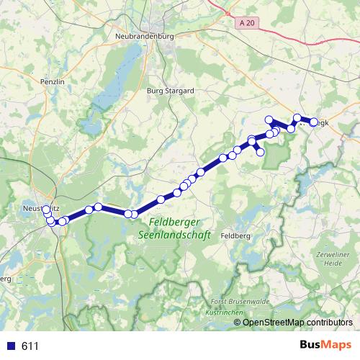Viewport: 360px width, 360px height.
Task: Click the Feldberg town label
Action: point(236,235)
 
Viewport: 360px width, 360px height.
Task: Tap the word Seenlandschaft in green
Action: point(169,235)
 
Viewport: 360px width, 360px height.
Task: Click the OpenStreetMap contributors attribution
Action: point(299,322)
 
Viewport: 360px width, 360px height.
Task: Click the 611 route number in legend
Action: point(30,346)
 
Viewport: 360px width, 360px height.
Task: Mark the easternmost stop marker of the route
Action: point(314,122)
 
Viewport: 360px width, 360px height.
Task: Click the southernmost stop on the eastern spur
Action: point(261,152)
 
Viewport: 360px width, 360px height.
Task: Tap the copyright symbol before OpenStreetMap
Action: point(238,322)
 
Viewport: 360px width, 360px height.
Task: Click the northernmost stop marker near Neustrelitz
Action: point(46,209)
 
